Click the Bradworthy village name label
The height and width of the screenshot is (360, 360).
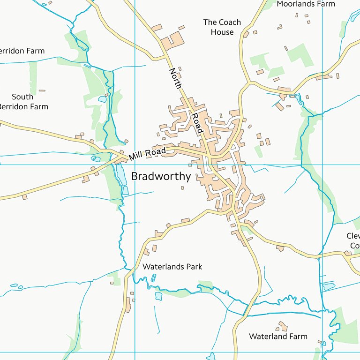pos(161,177)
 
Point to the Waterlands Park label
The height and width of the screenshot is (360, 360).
pos(172,267)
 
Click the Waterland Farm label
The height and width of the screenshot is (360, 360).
pos(278,336)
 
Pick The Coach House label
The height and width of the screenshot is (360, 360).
pos(222,27)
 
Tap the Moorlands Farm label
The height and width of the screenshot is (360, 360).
pos(306,4)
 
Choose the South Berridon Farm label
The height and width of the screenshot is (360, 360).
pos(22,102)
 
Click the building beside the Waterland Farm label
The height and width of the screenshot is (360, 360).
pos(282,325)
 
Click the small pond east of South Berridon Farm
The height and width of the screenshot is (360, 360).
pos(102,99)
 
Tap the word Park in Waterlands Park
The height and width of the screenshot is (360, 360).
pos(194,267)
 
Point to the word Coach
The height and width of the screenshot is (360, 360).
pos(229,22)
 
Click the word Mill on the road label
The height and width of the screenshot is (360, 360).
pos(136,156)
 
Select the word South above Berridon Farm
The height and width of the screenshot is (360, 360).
pos(22,97)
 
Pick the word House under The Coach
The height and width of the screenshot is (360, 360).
pos(222,32)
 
